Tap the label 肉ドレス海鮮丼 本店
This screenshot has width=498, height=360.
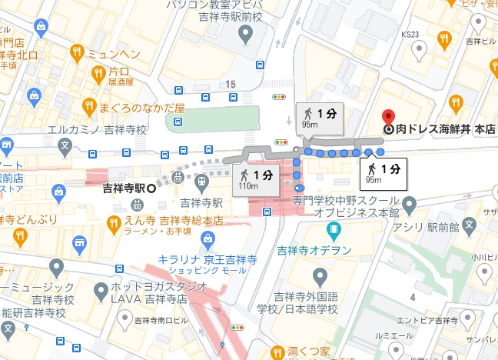pyautogui.click(x=440, y=130)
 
